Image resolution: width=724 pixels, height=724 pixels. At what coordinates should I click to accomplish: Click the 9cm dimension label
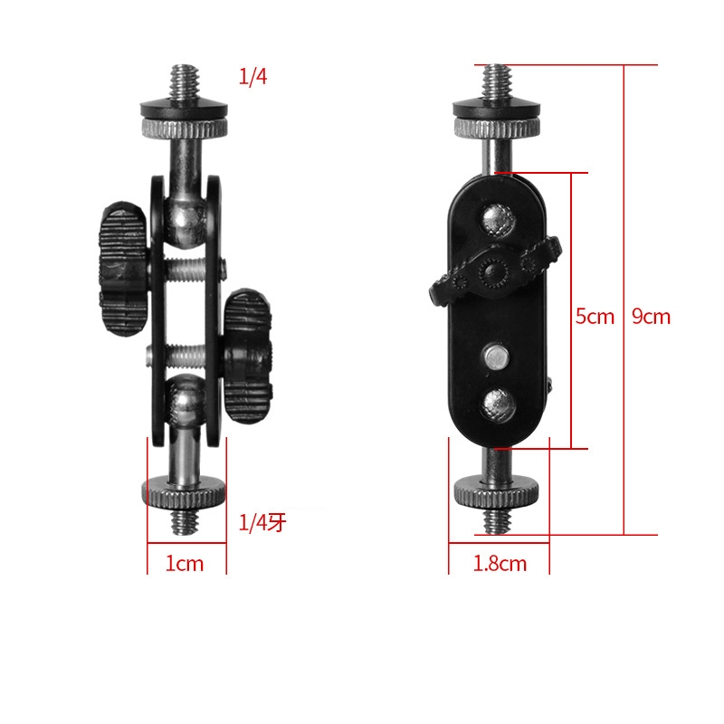click(651, 317)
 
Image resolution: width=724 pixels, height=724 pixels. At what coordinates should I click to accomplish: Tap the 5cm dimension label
click(595, 317)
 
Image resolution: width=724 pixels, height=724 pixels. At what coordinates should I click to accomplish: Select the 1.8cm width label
click(500, 564)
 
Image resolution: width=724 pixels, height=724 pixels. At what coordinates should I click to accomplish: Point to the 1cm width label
click(185, 564)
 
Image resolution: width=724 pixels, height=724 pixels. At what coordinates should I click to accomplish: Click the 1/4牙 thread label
click(262, 523)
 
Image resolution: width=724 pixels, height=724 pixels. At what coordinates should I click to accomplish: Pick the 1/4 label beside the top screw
click(252, 76)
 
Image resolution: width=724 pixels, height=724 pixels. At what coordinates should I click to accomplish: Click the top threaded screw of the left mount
click(184, 82)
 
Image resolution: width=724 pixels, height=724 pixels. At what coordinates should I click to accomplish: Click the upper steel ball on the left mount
click(185, 221)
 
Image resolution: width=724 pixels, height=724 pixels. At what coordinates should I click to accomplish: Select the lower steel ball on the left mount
click(186, 400)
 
